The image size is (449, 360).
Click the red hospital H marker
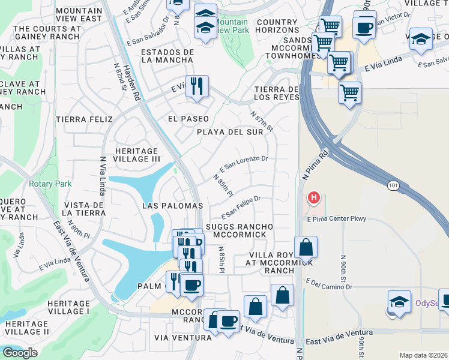pyautogui.click(x=313, y=198)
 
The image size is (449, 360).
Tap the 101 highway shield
pyautogui.click(x=393, y=187)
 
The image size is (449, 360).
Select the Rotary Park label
pyautogui.click(x=50, y=184)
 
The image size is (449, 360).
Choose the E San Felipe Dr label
pyautogui.click(x=241, y=207)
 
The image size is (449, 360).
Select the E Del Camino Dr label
pyautogui.click(x=329, y=282)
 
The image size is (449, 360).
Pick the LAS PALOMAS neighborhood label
pyautogui.click(x=172, y=206)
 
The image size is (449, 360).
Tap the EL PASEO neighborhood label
pyautogui.click(x=188, y=119)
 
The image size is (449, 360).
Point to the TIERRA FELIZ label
pyautogui.click(x=82, y=119)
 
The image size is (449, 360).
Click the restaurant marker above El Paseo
pyautogui.click(x=197, y=86)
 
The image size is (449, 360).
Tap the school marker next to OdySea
pyautogui.click(x=399, y=302)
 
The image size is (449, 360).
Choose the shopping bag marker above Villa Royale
pyautogui.click(x=306, y=247)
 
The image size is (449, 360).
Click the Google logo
pyautogui.click(x=20, y=353)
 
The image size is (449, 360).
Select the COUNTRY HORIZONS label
pyautogui.click(x=277, y=26)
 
